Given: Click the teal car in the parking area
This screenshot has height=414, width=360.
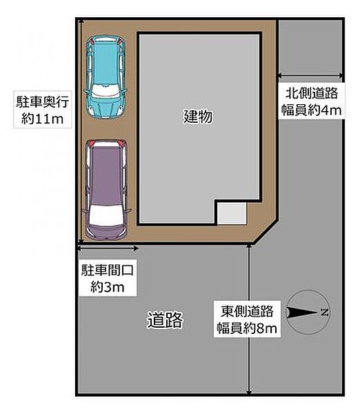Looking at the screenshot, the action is coord(106,77).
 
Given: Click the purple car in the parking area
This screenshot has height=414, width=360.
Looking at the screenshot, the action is coord(106,190).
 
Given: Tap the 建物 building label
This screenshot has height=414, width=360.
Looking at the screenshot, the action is coord(198,117).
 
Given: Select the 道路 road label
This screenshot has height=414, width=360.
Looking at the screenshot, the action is coord(165,320).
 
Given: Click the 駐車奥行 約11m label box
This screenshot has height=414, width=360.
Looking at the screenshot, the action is coord(43,110).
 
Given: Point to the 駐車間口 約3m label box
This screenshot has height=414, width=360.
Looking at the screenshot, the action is coord(108,278).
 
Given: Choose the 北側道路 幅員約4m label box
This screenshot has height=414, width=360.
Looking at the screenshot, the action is coord(312,101).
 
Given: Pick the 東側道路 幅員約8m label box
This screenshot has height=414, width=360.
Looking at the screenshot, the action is coord(247,319).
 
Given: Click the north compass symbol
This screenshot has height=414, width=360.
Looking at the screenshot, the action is coord(308,313).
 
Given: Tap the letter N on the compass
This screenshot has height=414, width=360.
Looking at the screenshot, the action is coord(324,313).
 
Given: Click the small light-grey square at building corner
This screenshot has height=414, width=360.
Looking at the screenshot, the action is coord(232,213).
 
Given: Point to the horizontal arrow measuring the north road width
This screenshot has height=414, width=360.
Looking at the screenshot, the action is coord(310,76).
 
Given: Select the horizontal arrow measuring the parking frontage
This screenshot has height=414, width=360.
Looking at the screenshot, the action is coord(108,248).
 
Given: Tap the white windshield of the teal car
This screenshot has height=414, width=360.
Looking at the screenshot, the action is coord(105,90).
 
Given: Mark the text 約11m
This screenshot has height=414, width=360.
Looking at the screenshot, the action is coord(43,119).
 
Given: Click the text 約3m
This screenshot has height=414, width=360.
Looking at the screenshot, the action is coord(108,287).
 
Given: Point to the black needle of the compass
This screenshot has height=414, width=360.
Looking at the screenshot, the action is coord(303,313).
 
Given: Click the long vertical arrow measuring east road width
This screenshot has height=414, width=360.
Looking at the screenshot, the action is coord(249,319).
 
